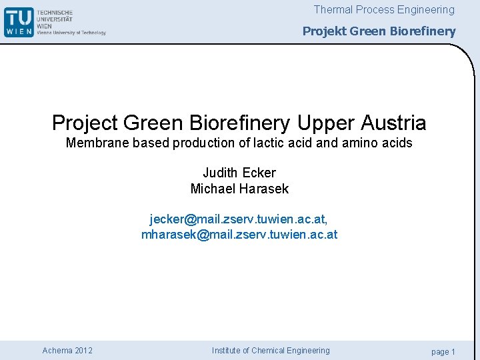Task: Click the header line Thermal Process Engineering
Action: tap(384, 10)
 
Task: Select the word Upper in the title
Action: tap(328, 123)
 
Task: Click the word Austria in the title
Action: tap(395, 123)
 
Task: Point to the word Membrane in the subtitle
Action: tap(92, 143)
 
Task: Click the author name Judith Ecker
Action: tap(239, 173)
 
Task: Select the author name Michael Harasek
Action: tap(239, 189)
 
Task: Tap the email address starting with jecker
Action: tap(238, 219)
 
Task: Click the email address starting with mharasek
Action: tap(239, 235)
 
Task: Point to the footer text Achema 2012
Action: tap(67, 351)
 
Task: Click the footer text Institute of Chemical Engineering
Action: tap(271, 351)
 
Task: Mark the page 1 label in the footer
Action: tap(443, 351)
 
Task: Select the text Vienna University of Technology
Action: tap(71, 32)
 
